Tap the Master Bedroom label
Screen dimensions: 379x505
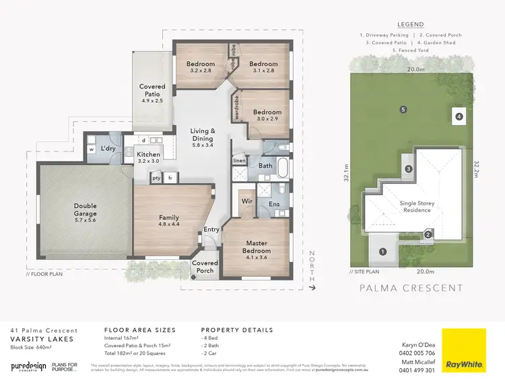coord(257,246)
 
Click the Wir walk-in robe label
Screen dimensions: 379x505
coord(246,201)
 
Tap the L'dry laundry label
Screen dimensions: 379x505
coord(110,148)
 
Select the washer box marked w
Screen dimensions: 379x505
coord(92,149)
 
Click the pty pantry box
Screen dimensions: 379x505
coord(156,178)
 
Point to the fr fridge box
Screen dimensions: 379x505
coord(171,178)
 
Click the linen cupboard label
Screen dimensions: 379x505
coord(240,161)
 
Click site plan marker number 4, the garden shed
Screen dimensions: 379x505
coord(459,116)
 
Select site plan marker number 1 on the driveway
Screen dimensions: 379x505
coord(383,252)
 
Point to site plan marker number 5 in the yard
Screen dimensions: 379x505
coord(403,110)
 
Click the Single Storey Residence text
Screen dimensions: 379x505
coord(415,206)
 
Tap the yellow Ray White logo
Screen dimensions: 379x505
coord(463,350)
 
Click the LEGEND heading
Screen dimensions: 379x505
coord(410,24)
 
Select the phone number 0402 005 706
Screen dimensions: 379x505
coord(417,353)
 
